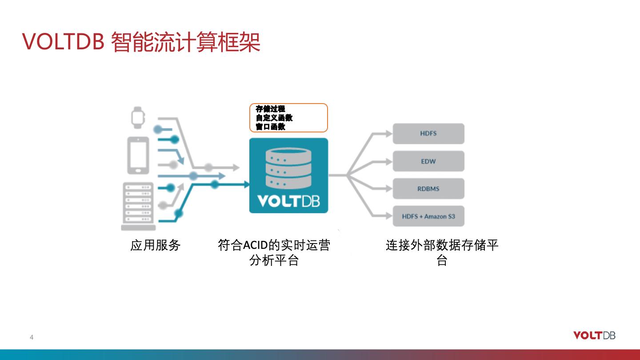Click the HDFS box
point(428,134)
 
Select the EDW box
point(428,161)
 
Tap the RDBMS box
point(428,189)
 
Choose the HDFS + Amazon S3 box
point(428,216)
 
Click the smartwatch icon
point(138,117)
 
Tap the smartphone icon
point(138,155)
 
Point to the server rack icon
point(138,206)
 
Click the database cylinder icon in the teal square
point(288,168)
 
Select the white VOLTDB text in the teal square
point(288,201)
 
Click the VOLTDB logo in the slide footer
point(594,336)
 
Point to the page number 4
point(32,337)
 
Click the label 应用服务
point(156,245)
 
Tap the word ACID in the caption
point(256,245)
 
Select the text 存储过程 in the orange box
point(270,109)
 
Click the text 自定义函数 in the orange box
point(274,118)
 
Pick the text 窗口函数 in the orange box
point(270,127)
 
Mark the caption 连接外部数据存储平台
point(442,252)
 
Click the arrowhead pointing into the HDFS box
point(388,133)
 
